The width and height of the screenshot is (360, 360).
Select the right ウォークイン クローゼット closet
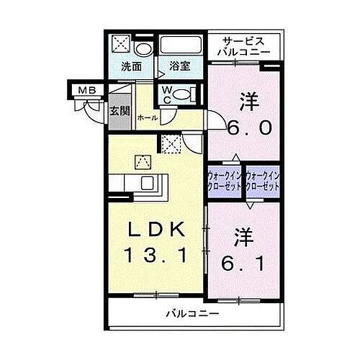click(261, 179)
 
